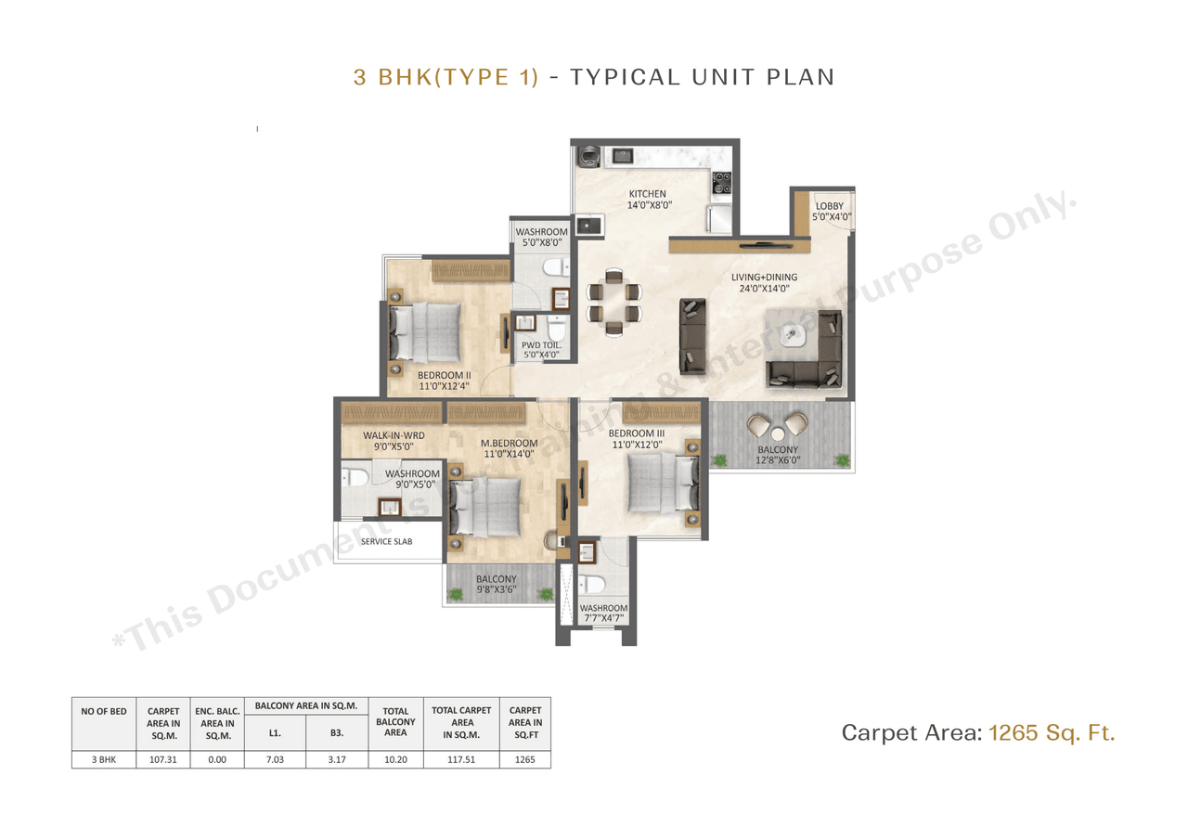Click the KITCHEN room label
[647, 194]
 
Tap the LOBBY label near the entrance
[829, 206]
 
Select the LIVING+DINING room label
[763, 277]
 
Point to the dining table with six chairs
[613, 300]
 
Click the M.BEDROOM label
[508, 442]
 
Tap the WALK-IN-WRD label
[394, 435]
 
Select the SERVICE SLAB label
[387, 541]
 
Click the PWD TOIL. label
[540, 344]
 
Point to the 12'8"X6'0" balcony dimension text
[776, 460]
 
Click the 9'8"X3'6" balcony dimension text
[496, 591]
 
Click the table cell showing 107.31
[162, 759]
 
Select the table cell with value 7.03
[275, 759]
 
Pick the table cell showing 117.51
[461, 759]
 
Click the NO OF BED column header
[103, 711]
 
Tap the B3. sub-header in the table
[337, 732]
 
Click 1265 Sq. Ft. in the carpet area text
[1052, 733]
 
